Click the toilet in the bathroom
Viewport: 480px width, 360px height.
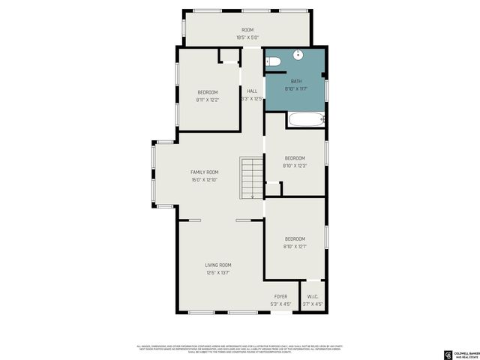[274, 61]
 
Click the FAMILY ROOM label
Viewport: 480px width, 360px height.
[204, 172]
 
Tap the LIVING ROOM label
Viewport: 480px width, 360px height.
[218, 265]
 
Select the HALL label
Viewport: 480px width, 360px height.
[252, 91]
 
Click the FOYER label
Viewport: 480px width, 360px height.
[280, 297]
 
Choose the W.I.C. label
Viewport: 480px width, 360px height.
[312, 297]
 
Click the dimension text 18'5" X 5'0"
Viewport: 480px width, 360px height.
[247, 37]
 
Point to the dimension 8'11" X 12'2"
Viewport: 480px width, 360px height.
[207, 99]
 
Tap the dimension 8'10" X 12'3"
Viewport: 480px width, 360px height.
[295, 165]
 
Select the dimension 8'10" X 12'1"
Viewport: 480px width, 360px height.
[295, 246]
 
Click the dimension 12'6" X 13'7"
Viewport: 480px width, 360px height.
[218, 272]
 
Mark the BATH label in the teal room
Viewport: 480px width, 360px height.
[296, 81]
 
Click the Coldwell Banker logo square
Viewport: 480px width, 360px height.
[449, 354]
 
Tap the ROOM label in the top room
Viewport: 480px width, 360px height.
[247, 30]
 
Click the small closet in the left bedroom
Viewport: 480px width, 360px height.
[228, 57]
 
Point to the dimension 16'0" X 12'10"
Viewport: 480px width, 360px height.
[204, 179]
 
